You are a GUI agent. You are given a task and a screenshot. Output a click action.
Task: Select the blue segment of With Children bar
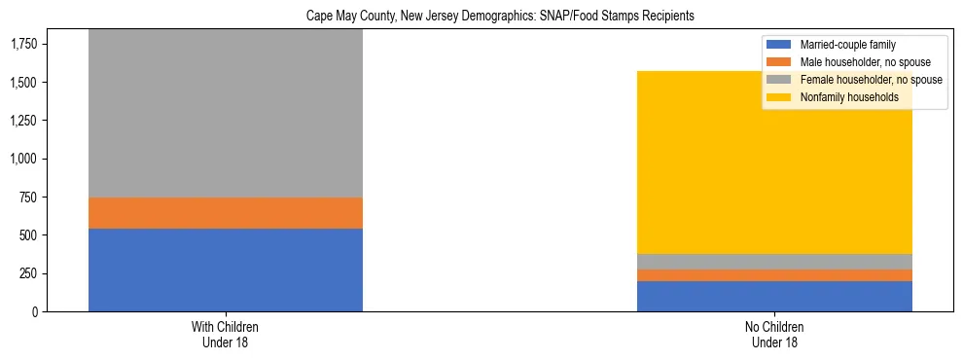[x=226, y=270]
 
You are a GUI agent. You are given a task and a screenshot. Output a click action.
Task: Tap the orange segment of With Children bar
[x=226, y=213]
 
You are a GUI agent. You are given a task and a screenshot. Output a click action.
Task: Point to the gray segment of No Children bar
[x=774, y=262]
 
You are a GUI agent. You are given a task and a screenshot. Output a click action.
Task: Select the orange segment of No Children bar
[x=774, y=275]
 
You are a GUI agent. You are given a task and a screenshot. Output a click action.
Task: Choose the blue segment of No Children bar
[x=774, y=296]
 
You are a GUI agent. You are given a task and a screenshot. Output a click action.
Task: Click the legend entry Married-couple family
[x=847, y=45]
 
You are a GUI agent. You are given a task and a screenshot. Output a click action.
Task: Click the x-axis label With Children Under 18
[x=226, y=334]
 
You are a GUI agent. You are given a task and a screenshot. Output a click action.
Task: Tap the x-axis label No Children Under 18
[x=774, y=334]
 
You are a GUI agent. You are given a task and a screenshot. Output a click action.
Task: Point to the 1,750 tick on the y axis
[x=24, y=44]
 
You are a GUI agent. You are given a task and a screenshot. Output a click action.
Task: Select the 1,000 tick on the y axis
[x=24, y=159]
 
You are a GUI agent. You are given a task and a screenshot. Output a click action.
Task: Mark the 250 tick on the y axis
[x=29, y=273]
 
